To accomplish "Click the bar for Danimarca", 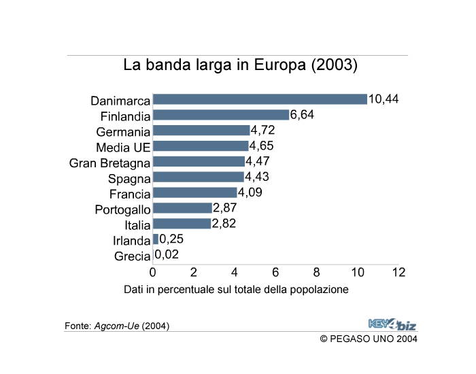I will pyautogui.click(x=260, y=99).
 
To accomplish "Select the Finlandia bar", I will pyautogui.click(x=221, y=115).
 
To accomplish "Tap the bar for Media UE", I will pyautogui.click(x=201, y=146).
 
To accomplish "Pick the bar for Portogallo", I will pyautogui.click(x=182, y=208).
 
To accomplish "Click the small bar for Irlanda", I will pyautogui.click(x=156, y=239).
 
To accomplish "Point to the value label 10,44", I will pyautogui.click(x=383, y=99).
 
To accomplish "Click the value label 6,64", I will pyautogui.click(x=302, y=115).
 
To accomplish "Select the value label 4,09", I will pyautogui.click(x=250, y=192).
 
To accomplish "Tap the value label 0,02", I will pyautogui.click(x=167, y=255).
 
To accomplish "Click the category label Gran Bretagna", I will pyautogui.click(x=109, y=163).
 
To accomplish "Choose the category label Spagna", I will pyautogui.click(x=129, y=178).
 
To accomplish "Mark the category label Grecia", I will pyautogui.click(x=132, y=256).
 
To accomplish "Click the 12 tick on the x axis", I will pyautogui.click(x=398, y=273).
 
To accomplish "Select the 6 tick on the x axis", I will pyautogui.click(x=275, y=273).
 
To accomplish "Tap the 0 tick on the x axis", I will pyautogui.click(x=153, y=273).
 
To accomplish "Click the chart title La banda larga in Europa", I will pyautogui.click(x=240, y=66).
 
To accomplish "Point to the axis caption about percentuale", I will pyautogui.click(x=236, y=290).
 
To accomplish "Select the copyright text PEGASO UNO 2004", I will pyautogui.click(x=369, y=339).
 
